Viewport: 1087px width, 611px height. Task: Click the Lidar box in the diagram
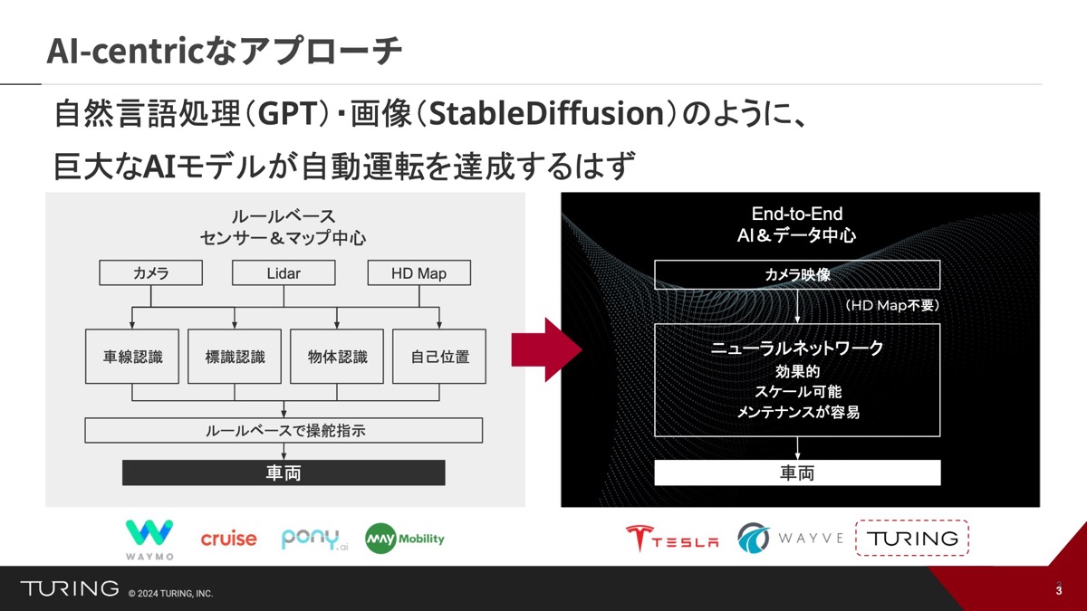(x=284, y=273)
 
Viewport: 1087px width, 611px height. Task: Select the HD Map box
(x=418, y=273)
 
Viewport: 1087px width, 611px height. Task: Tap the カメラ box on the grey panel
(x=151, y=273)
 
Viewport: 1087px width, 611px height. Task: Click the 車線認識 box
(x=132, y=357)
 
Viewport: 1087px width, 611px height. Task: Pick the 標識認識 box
(x=235, y=357)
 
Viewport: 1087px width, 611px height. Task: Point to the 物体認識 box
(x=337, y=357)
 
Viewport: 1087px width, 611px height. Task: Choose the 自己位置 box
(x=439, y=357)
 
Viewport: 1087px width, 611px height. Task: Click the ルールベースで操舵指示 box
(x=284, y=430)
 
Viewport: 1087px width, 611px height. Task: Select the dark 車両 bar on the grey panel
(x=284, y=473)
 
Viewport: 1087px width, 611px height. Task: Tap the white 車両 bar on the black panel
(x=797, y=473)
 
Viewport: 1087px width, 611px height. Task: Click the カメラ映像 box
(x=797, y=275)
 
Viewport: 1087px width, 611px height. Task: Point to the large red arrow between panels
(x=547, y=349)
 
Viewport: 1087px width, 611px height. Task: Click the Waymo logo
(x=149, y=539)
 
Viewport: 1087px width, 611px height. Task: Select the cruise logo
(x=228, y=539)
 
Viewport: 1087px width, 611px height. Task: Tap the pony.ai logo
(x=315, y=539)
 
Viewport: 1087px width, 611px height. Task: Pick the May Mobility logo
(x=405, y=539)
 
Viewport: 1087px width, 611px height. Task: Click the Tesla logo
(x=672, y=539)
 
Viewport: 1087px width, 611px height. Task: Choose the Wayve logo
(x=791, y=538)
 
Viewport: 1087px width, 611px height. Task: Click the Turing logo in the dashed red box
(x=912, y=538)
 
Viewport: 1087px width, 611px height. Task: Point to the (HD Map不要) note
(x=892, y=305)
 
